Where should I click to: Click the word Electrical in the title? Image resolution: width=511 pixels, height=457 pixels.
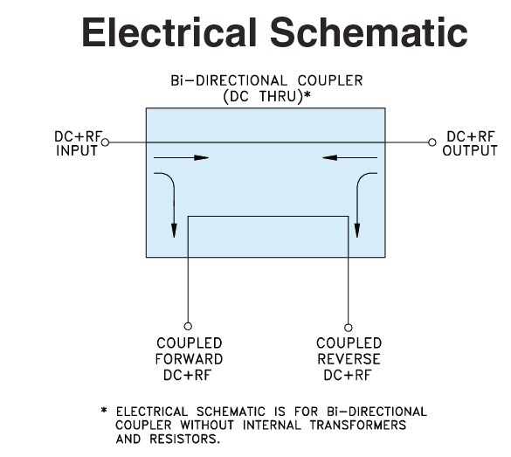pyautogui.click(x=169, y=32)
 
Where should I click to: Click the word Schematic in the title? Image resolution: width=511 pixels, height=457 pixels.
pyautogui.click(x=369, y=32)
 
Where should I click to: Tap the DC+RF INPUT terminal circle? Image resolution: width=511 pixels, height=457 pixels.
pyautogui.click(x=105, y=142)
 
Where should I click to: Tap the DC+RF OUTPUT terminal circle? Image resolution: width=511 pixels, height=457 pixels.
pyautogui.click(x=432, y=142)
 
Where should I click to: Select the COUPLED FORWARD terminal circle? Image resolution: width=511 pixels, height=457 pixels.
pyautogui.click(x=188, y=326)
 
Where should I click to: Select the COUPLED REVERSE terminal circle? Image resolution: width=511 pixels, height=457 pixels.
pyautogui.click(x=349, y=328)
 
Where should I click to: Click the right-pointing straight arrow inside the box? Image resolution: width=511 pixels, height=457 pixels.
pyautogui.click(x=181, y=158)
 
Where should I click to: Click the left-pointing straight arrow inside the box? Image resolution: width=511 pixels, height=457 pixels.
pyautogui.click(x=349, y=158)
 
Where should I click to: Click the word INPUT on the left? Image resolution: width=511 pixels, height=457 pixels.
pyautogui.click(x=77, y=150)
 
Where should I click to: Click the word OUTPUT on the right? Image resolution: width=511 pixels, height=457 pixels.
pyautogui.click(x=470, y=150)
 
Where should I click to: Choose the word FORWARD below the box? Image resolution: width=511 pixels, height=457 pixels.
pyautogui.click(x=189, y=359)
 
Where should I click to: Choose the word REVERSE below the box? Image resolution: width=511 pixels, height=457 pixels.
pyautogui.click(x=349, y=359)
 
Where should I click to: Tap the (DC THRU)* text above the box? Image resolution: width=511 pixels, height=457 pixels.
pyautogui.click(x=266, y=96)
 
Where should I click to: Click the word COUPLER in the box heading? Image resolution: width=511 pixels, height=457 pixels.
pyautogui.click(x=330, y=80)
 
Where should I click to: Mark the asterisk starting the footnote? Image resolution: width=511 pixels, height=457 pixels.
pyautogui.click(x=104, y=410)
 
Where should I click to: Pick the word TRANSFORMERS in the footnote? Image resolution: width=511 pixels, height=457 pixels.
pyautogui.click(x=358, y=425)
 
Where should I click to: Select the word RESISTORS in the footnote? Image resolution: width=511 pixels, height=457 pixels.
pyautogui.click(x=185, y=439)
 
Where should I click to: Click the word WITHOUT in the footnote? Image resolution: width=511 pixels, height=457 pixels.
pyautogui.click(x=207, y=425)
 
